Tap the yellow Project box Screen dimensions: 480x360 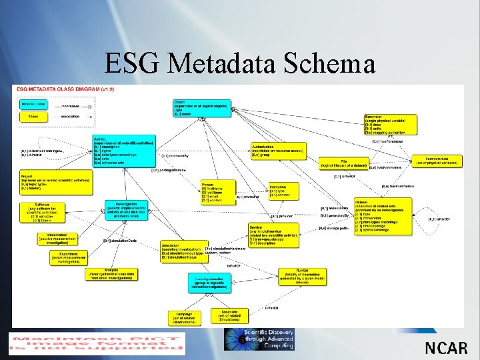coord(46,181)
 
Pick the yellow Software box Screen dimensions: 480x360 coord(55,213)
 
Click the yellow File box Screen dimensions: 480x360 coord(344,163)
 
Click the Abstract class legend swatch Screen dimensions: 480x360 coord(33,105)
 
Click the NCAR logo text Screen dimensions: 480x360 coord(446,347)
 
